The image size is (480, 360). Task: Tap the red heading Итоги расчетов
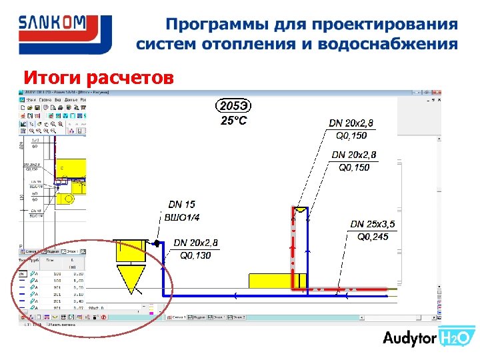click(99, 78)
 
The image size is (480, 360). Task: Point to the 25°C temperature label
click(234, 121)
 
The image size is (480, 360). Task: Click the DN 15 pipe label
click(181, 205)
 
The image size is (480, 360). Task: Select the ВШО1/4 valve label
click(181, 217)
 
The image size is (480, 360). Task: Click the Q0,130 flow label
click(195, 255)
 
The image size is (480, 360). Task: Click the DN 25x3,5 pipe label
click(373, 224)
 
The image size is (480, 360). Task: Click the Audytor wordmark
click(409, 338)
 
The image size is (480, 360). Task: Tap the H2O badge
click(456, 338)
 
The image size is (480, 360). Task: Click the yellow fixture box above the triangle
click(131, 249)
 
